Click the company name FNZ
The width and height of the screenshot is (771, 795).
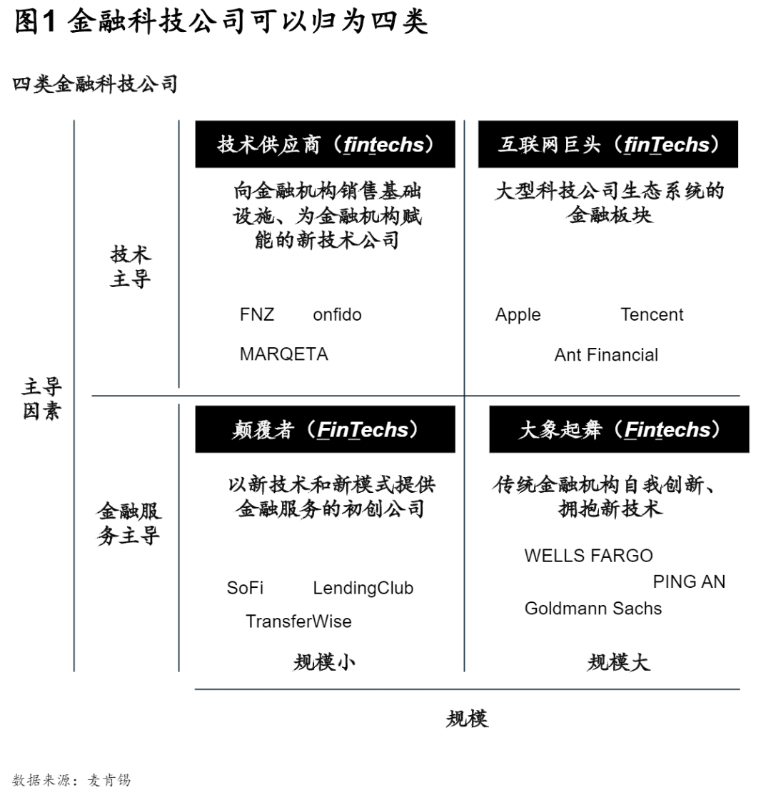257,314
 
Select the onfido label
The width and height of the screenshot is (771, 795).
337,314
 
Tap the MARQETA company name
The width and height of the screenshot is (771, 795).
283,354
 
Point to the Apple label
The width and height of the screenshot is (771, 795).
518,315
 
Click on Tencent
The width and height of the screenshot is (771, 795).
652,314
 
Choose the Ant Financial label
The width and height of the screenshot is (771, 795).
606,354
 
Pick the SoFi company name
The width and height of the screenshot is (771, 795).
245,588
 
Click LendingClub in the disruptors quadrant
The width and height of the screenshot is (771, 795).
363,588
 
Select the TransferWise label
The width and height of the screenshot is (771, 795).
298,621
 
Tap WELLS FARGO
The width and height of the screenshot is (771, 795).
589,556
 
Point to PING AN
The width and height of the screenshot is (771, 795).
689,581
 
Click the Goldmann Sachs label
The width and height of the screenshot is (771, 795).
593,608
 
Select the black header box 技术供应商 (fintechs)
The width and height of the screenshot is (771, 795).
326,144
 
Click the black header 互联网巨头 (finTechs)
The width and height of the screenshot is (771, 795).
608,144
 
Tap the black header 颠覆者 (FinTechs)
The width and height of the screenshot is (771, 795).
326,429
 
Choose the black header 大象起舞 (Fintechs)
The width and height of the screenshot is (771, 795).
619,429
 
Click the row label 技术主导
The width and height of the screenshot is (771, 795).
130,266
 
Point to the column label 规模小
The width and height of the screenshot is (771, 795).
325,662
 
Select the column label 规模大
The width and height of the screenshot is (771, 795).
618,662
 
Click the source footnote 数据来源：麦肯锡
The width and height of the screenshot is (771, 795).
71,780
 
